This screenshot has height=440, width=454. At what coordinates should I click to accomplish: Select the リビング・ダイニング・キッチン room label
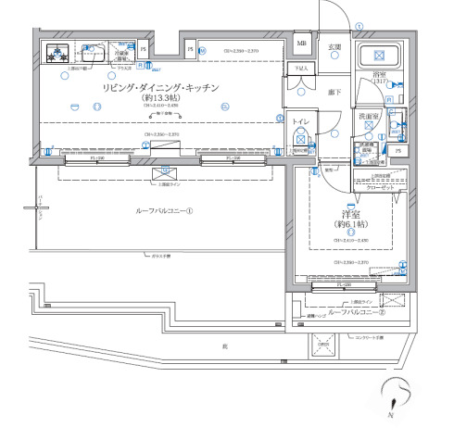click(x=160, y=87)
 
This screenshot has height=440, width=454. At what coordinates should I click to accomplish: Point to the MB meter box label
click(x=302, y=43)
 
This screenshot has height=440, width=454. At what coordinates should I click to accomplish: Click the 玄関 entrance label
click(x=334, y=46)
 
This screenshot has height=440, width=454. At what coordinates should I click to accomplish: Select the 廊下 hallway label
click(x=334, y=93)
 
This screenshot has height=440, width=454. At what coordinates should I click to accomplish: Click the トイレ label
click(x=302, y=122)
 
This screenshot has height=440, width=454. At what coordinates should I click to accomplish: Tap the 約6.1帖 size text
click(x=351, y=224)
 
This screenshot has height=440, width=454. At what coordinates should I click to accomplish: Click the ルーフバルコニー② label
click(x=357, y=313)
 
